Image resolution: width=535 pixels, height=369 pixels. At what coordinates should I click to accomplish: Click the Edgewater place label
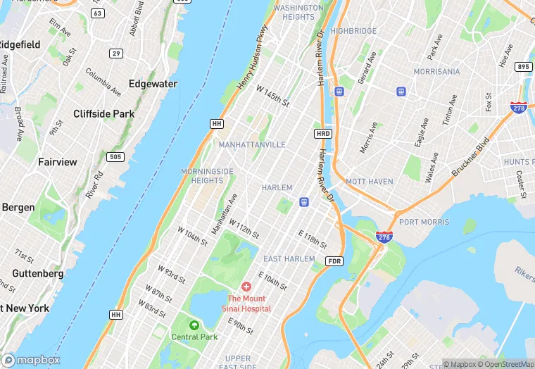[153, 84]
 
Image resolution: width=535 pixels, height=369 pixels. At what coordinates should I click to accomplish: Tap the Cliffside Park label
[103, 113]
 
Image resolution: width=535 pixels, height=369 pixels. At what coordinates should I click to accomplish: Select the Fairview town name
[58, 162]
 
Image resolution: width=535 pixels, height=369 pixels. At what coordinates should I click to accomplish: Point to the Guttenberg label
[38, 273]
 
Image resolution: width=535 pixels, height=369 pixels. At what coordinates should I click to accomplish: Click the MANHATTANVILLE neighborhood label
[252, 144]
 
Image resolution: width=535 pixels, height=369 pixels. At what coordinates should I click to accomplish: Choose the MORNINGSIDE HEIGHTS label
[207, 176]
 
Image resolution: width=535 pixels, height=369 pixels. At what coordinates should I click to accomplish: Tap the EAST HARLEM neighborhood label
[289, 259]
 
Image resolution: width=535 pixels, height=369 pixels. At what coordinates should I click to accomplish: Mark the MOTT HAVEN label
[370, 182]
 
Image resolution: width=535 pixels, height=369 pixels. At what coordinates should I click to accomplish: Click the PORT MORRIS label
[424, 222]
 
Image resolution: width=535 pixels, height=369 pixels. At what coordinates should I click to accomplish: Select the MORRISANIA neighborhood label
[436, 72]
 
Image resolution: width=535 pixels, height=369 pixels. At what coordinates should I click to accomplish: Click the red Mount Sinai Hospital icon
[246, 287]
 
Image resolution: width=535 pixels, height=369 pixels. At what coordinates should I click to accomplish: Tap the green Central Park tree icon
[194, 325]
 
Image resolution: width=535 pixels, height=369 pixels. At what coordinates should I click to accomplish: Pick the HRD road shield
[322, 133]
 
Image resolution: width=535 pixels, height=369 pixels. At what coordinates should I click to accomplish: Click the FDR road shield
[334, 261]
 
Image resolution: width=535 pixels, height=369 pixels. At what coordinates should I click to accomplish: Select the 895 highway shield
[523, 67]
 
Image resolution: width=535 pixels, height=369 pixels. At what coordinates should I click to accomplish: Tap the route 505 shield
[115, 156]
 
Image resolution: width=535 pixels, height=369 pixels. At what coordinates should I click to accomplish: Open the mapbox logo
[31, 360]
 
